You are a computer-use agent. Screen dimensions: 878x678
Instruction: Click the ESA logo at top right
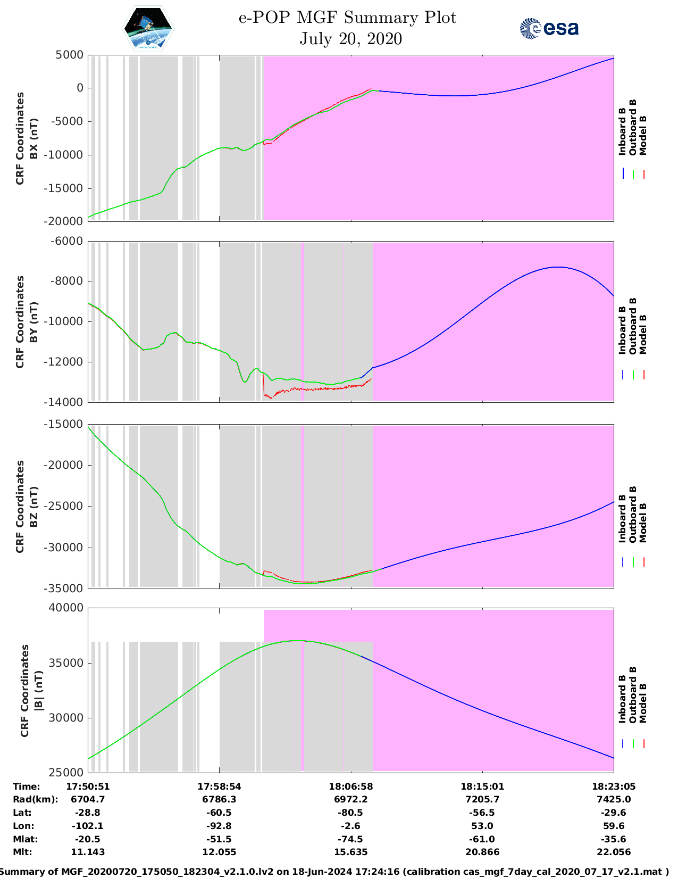tap(549, 28)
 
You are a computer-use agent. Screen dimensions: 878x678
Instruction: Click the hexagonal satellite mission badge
tap(148, 29)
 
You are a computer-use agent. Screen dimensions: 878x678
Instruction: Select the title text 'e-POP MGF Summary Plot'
tap(347, 18)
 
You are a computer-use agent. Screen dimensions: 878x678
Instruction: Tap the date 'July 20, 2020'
tap(350, 39)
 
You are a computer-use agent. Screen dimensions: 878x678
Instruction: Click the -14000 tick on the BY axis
tap(65, 402)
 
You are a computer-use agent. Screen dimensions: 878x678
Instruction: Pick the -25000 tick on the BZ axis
tap(65, 506)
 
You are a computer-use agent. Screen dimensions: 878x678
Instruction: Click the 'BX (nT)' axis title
tap(34, 138)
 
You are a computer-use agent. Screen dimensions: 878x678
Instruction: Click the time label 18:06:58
tap(350, 786)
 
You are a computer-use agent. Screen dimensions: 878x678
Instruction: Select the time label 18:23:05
tap(614, 786)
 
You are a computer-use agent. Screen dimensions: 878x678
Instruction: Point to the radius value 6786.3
tap(219, 799)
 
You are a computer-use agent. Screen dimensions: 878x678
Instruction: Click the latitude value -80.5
tap(350, 813)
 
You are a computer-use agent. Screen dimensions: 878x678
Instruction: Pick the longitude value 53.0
tap(482, 826)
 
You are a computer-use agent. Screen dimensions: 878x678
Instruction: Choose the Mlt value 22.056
tap(614, 852)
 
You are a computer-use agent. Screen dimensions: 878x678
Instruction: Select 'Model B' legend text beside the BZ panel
tap(643, 523)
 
